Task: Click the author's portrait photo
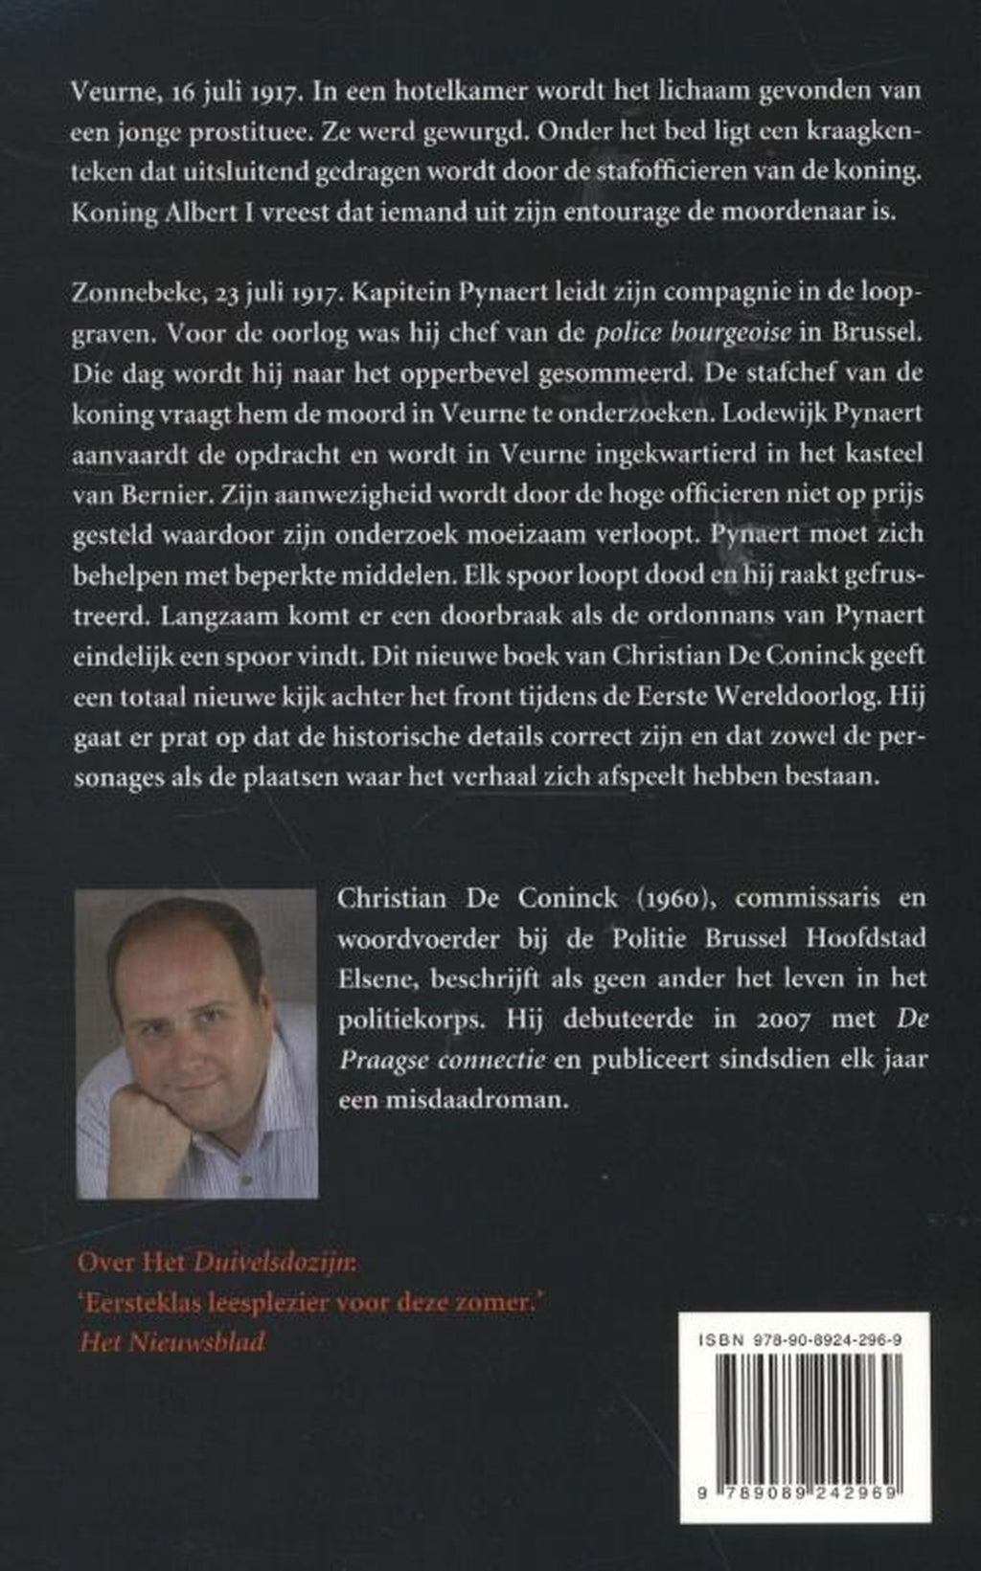[196, 1044]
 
